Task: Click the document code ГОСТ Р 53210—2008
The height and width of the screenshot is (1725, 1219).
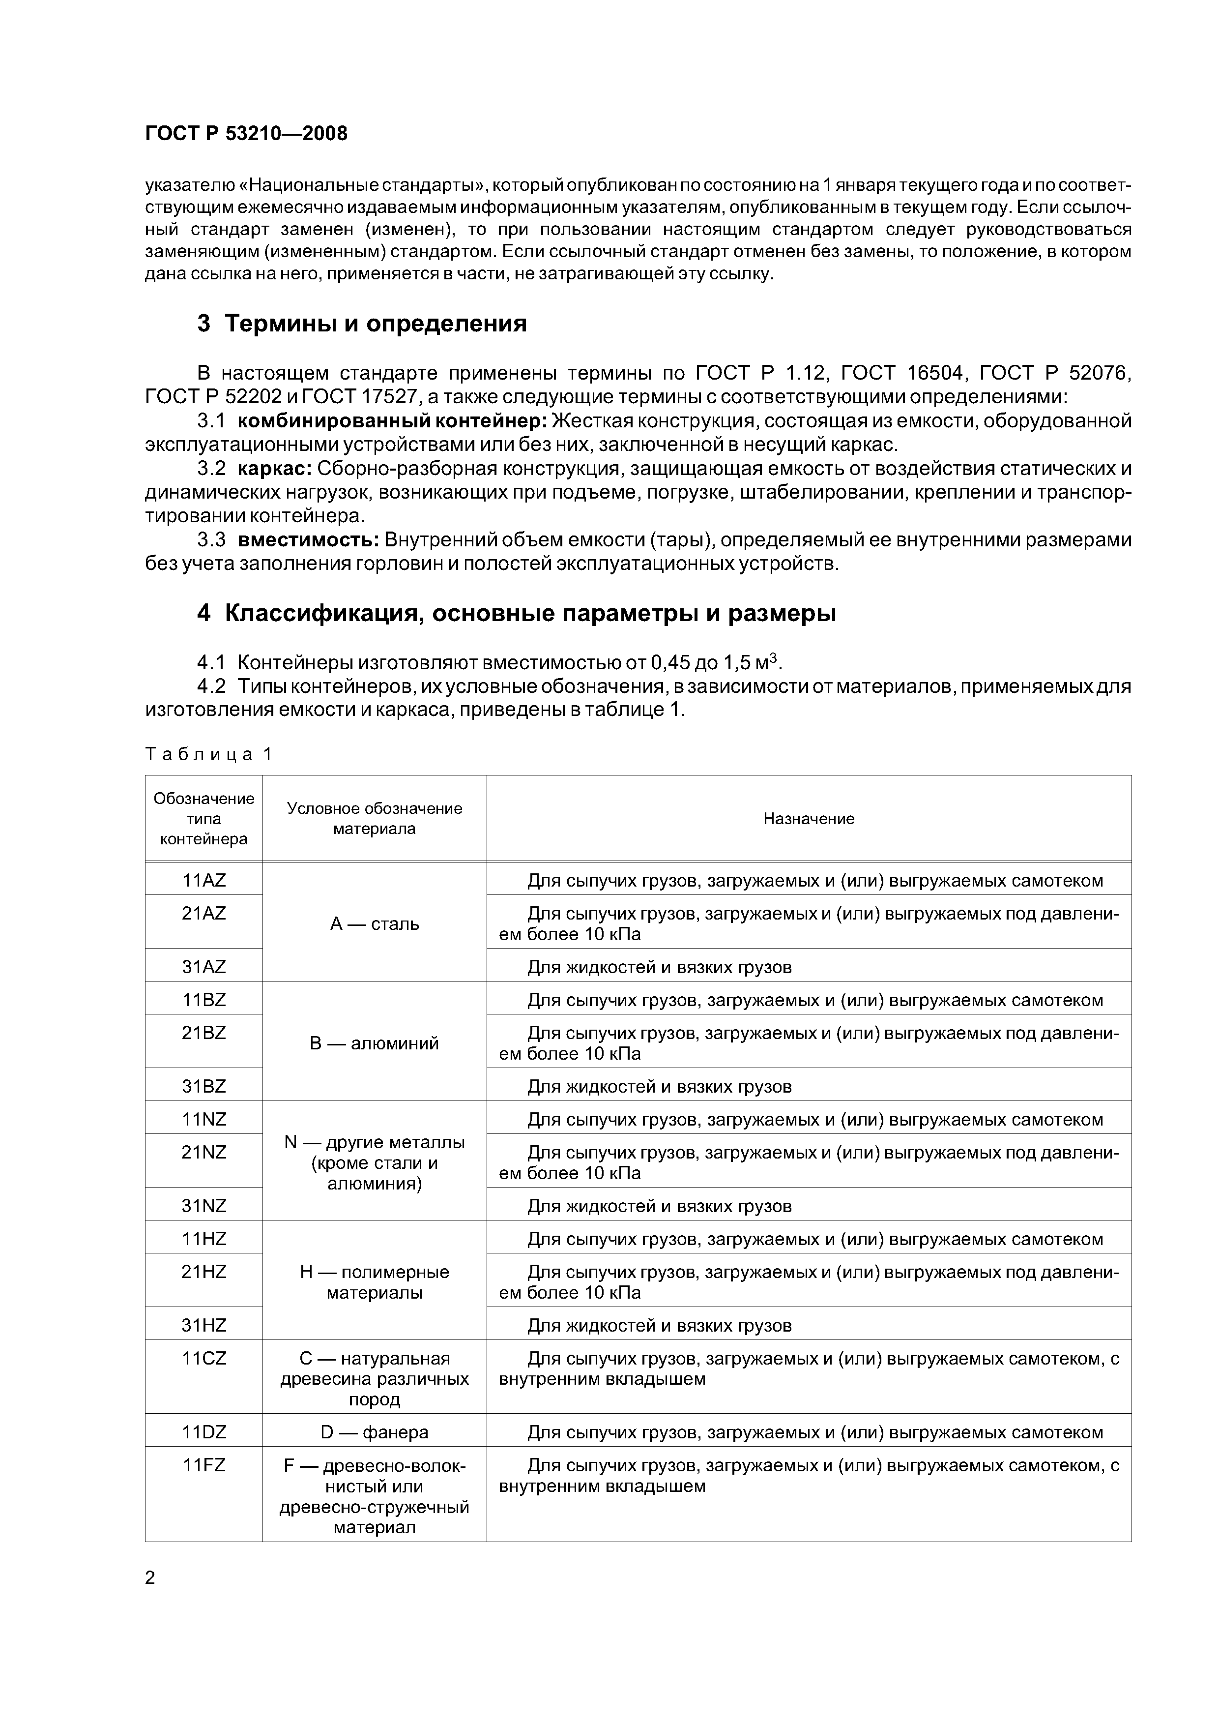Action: point(246,134)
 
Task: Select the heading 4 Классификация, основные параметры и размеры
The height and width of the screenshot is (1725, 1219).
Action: point(516,614)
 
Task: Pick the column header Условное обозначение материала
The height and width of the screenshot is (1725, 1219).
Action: point(374,819)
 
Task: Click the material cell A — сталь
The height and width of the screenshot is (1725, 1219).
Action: point(374,924)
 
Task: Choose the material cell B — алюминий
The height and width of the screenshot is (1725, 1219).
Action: point(374,1043)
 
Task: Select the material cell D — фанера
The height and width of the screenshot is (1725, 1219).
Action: point(374,1433)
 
